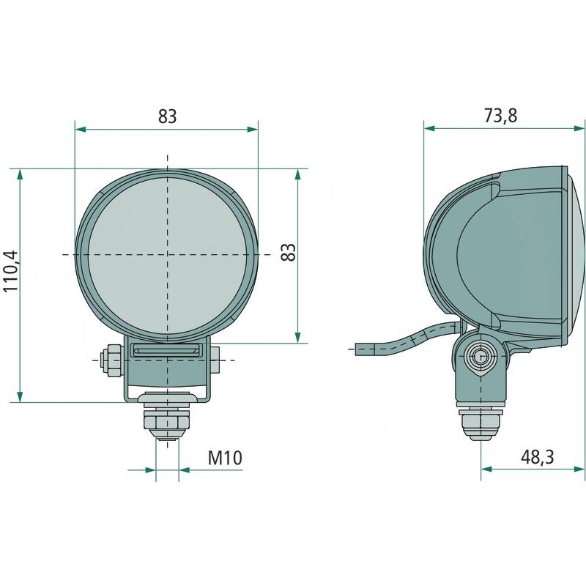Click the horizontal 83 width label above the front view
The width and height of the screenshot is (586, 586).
point(167,116)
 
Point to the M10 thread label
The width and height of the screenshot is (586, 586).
point(224,459)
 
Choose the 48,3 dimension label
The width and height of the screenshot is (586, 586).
point(537,457)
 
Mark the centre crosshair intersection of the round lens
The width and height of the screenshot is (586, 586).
point(167,254)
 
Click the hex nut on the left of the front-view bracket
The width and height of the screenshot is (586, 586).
point(113,360)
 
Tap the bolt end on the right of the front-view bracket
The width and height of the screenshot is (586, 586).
point(218,360)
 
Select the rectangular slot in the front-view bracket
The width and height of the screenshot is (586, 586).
point(167,352)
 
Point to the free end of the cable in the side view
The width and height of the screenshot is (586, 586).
point(359,349)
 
